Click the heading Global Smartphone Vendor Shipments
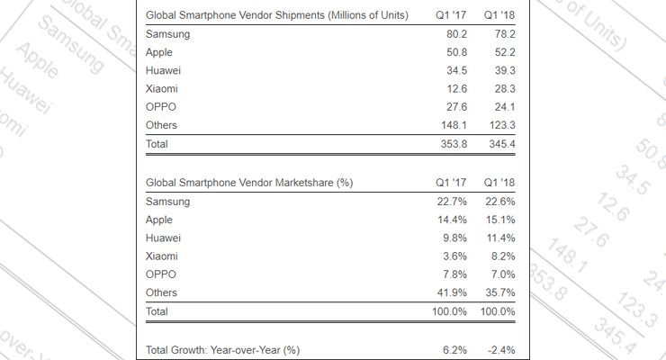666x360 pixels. coord(276,15)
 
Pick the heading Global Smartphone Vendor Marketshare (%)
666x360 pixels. coord(248,183)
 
